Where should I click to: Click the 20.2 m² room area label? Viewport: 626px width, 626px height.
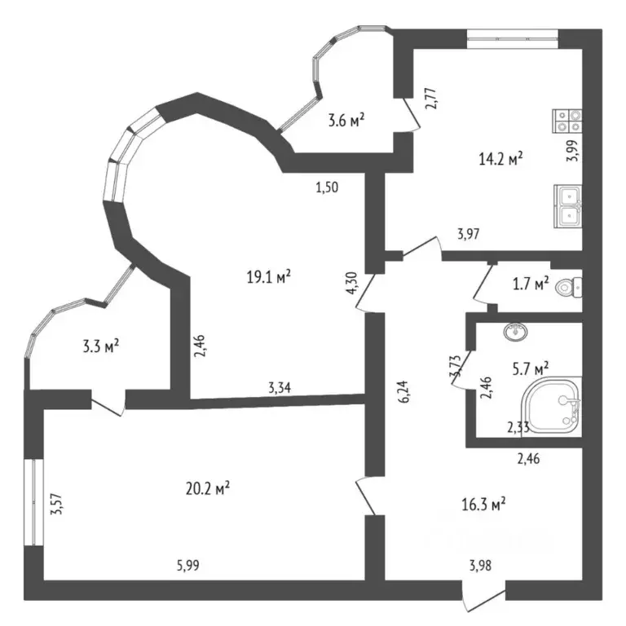coord(207,488)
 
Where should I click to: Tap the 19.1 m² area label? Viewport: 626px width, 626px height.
coord(269,276)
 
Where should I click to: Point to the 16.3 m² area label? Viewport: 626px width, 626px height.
coord(483,504)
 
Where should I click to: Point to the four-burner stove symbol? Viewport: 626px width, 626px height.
coord(567,121)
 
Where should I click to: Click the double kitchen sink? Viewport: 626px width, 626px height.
coord(567,205)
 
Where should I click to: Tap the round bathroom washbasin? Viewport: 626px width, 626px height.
coord(515,331)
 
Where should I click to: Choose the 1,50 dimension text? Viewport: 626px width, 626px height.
coord(327,187)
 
